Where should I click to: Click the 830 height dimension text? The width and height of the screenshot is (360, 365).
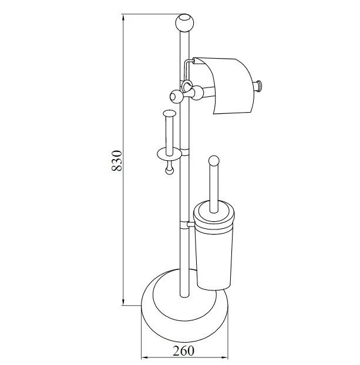[116, 161]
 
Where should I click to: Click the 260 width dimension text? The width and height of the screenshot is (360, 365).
[183, 350]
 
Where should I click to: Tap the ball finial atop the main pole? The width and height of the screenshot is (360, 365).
[184, 23]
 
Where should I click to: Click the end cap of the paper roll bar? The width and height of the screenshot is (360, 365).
[258, 85]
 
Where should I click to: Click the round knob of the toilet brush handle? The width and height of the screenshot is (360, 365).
[214, 161]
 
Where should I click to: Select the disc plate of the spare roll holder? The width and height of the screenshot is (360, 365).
[169, 154]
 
